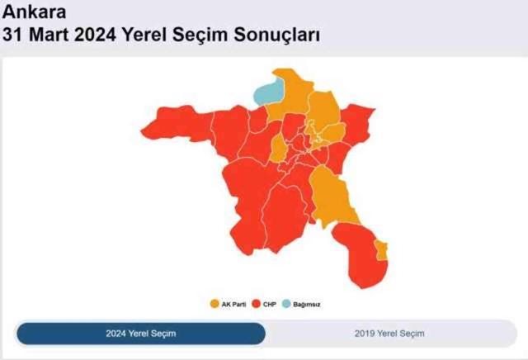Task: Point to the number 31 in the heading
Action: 16,36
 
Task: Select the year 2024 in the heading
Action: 103,36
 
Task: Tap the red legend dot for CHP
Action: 257,305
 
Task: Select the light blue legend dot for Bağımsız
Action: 288,305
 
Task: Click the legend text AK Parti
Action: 234,305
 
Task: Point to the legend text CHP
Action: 269,305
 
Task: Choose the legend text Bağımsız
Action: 306,305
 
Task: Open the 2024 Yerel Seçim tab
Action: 141,334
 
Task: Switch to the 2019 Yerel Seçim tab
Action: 389,334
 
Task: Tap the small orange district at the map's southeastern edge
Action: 381,250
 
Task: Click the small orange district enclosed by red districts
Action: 279,149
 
